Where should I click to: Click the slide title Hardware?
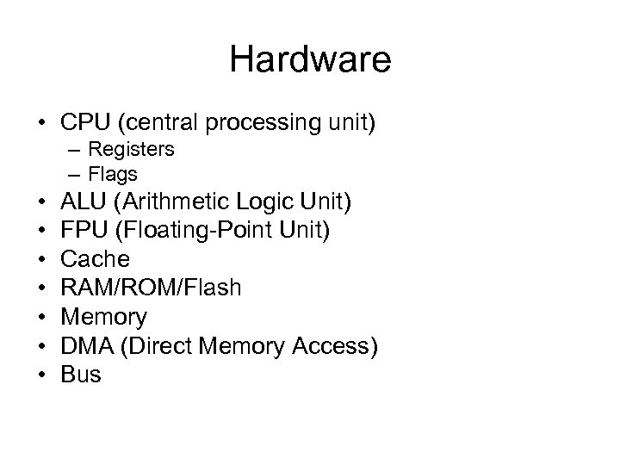coord(310,60)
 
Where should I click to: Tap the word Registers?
coord(132,150)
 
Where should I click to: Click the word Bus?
coord(82,374)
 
